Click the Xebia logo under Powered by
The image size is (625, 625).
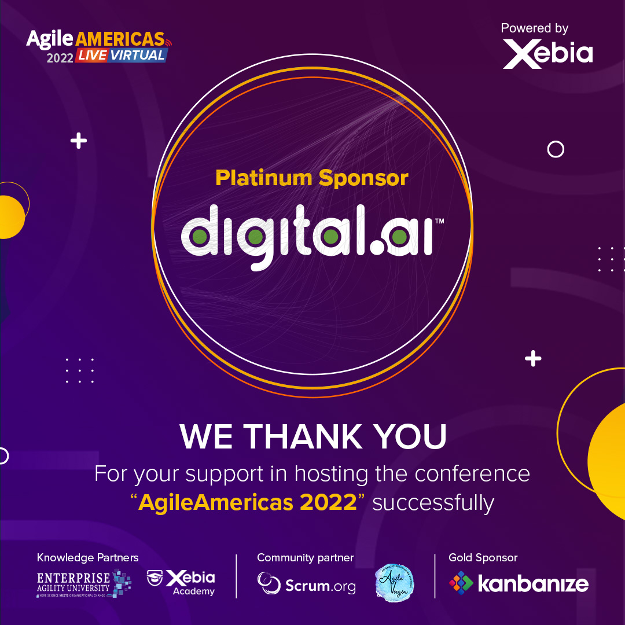click(547, 54)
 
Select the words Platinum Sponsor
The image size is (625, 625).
click(312, 178)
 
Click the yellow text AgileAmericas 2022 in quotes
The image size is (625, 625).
click(248, 502)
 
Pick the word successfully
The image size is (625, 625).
click(433, 502)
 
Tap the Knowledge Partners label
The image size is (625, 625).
click(88, 558)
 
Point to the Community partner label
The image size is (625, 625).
click(306, 558)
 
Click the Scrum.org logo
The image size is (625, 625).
click(307, 584)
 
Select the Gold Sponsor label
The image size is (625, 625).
click(483, 558)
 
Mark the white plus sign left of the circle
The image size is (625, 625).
click(79, 141)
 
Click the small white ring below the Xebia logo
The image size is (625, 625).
click(556, 150)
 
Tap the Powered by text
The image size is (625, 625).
click(534, 28)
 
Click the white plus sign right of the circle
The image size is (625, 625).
click(533, 359)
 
